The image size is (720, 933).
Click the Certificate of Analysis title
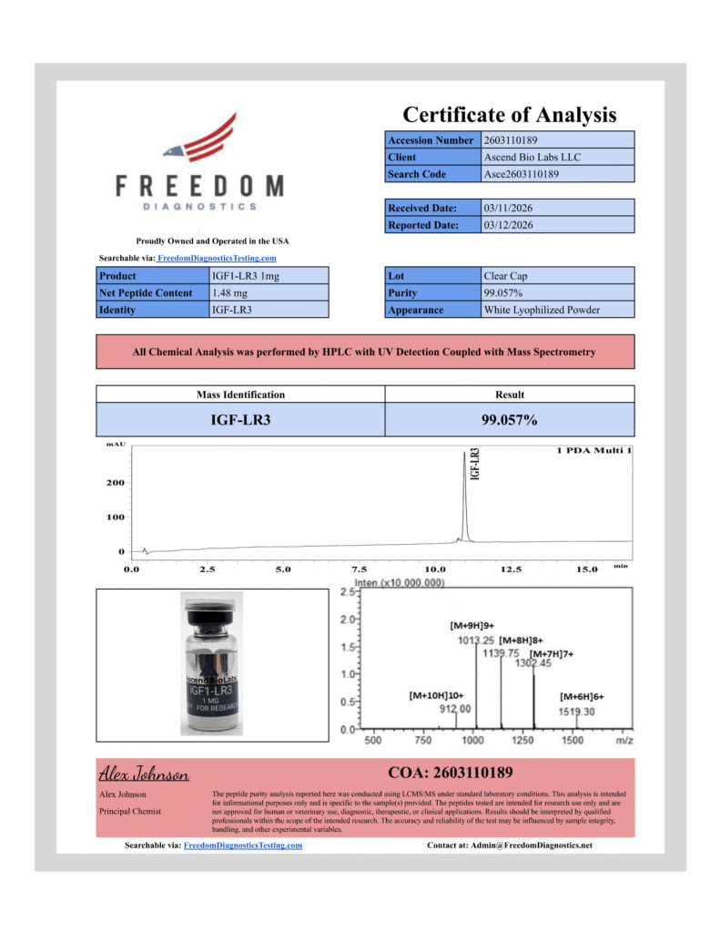click(x=510, y=115)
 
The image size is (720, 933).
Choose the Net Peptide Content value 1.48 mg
click(x=227, y=292)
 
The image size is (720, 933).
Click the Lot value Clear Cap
click(x=505, y=275)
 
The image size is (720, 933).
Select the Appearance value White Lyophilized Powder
click(x=542, y=310)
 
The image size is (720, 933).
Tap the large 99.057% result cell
click(x=510, y=420)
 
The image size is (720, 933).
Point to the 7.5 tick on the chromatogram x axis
click(x=359, y=569)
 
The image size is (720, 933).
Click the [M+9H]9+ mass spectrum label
click(x=472, y=626)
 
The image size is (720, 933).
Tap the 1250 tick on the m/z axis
click(x=522, y=741)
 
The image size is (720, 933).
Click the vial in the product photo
click(x=212, y=665)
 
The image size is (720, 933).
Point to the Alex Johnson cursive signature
click(x=143, y=775)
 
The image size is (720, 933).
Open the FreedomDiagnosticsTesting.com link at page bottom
click(x=242, y=846)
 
